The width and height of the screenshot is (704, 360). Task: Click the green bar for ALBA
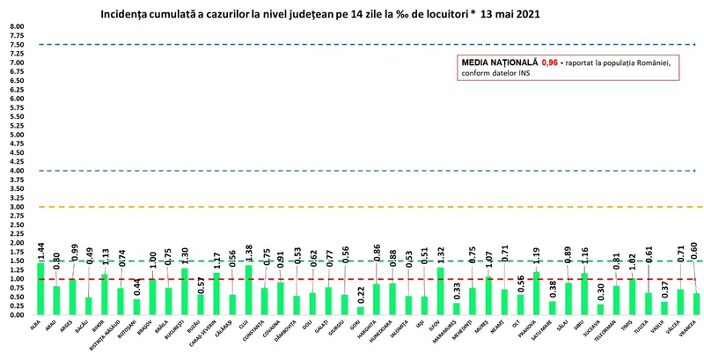coord(40,289)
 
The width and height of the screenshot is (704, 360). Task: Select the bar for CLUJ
coord(249,290)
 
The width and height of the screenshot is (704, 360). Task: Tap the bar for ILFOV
coord(440,291)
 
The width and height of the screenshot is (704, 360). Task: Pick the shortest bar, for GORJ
coord(360,311)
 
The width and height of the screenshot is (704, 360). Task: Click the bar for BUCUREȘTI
coord(185,291)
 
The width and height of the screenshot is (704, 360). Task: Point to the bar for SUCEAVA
coord(600,309)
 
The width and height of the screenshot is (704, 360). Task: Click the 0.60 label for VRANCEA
coord(695,251)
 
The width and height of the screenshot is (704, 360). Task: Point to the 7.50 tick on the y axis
coord(17,45)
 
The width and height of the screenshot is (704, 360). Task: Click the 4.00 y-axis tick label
coord(17,171)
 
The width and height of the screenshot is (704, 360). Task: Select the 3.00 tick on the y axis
coord(17,207)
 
